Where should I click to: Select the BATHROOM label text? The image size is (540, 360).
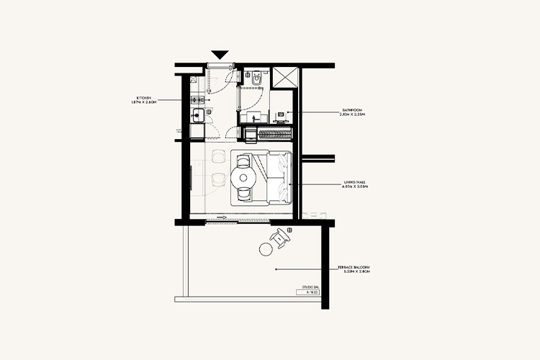[354, 111]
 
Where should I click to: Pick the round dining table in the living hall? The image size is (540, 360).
[243, 178]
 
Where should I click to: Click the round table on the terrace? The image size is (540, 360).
[266, 250]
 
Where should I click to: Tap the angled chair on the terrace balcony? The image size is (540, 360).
[279, 238]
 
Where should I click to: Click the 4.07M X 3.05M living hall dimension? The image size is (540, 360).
[355, 187]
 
